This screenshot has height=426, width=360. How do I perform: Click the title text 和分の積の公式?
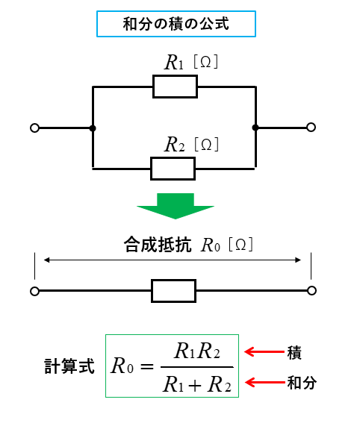tap(176, 24)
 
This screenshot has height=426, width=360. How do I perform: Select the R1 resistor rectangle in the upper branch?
tap(175, 87)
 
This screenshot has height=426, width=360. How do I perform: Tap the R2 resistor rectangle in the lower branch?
tap(173, 169)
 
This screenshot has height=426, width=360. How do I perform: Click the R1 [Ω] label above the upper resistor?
tap(191, 63)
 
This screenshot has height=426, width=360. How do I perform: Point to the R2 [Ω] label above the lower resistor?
tap(192, 144)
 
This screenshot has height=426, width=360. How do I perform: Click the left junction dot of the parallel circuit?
tap(93, 128)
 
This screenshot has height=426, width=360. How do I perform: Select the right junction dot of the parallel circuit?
tap(255, 128)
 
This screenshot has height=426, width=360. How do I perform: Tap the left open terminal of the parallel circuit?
tap(34, 128)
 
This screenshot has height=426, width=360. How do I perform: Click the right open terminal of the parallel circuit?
tap(311, 127)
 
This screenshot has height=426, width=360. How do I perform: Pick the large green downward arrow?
tap(176, 206)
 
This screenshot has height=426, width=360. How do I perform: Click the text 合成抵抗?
tap(158, 245)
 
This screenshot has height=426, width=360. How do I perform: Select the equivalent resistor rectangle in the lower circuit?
tap(174, 291)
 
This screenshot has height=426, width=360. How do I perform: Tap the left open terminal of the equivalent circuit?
tap(34, 291)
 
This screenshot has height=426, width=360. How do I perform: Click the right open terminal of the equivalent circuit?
tap(311, 290)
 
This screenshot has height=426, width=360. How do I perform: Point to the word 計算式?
tap(69, 366)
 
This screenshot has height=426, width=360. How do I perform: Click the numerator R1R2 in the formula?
tap(197, 351)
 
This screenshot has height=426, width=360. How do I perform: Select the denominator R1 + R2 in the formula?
tap(197, 385)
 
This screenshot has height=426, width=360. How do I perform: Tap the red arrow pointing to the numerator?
tap(264, 351)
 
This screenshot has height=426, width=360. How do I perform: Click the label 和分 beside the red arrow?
tap(302, 383)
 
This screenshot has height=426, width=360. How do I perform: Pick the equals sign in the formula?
tap(147, 366)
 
